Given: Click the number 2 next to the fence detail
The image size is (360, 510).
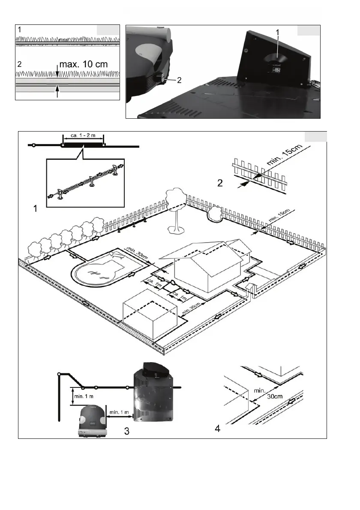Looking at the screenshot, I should click(x=220, y=183).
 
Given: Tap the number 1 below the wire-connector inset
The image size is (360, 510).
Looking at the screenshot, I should click(x=36, y=210).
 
